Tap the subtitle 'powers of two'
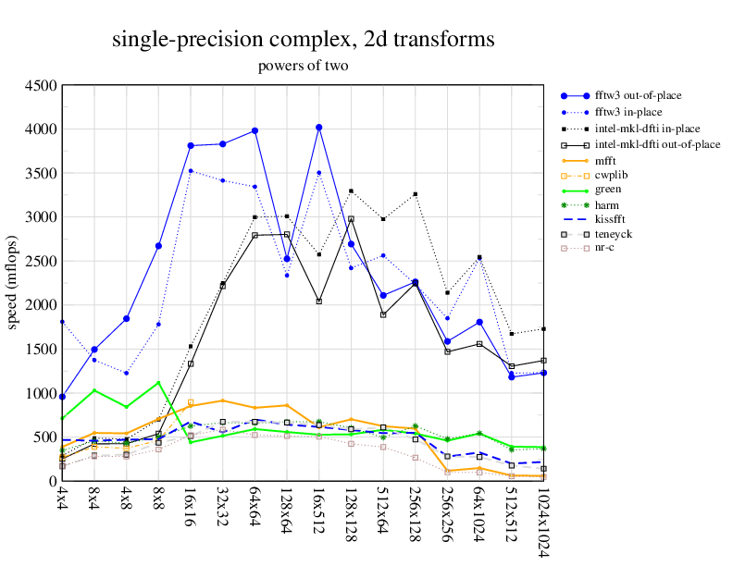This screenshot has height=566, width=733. (x=303, y=66)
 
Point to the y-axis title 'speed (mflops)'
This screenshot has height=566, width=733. (x=13, y=283)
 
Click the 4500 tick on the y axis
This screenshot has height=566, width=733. (x=41, y=85)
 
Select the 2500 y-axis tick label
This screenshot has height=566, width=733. (x=41, y=261)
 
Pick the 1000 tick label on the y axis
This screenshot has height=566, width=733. (x=41, y=393)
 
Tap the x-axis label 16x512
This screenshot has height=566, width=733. (x=319, y=513)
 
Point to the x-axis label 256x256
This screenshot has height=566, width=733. (x=447, y=517)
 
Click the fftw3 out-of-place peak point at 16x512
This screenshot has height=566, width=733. (x=319, y=128)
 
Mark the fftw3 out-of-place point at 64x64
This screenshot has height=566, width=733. (x=255, y=131)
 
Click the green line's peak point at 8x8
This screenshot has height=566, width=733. (x=158, y=383)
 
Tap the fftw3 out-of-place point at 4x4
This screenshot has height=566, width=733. (x=62, y=397)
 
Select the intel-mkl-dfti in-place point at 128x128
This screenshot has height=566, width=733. (x=351, y=191)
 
